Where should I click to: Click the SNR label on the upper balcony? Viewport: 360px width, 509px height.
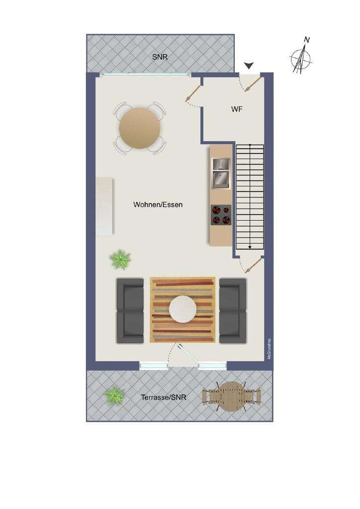[160, 57]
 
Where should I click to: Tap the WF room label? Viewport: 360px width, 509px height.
[237, 109]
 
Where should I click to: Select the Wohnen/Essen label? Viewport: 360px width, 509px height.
[158, 205]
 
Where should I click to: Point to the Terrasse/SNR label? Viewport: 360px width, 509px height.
[164, 397]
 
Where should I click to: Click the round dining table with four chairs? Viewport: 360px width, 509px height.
[140, 128]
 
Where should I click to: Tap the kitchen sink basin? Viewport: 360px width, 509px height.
[221, 179]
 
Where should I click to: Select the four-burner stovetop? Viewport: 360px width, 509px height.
[221, 215]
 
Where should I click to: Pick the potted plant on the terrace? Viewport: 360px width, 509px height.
[114, 396]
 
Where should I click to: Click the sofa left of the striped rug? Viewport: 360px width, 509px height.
[130, 311]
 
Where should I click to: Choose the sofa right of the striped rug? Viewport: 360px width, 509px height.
[233, 311]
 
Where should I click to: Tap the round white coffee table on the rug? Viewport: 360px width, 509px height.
[183, 309]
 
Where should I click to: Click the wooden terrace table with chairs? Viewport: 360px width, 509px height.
[231, 396]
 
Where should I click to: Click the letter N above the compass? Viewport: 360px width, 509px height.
[307, 40]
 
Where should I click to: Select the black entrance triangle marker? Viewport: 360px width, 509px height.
[249, 66]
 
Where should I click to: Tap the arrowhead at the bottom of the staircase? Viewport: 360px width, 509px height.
[250, 248]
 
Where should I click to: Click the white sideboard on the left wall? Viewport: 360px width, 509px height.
[104, 206]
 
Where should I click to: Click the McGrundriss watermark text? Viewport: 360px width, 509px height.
[269, 349]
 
